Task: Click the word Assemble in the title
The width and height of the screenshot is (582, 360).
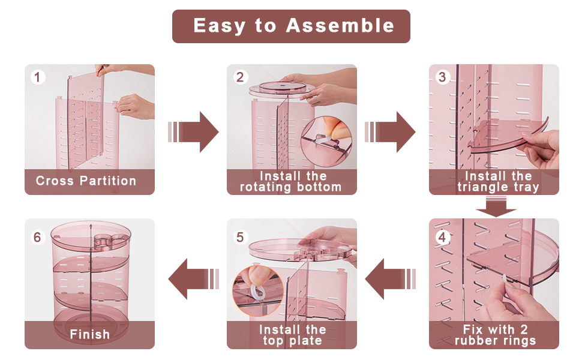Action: pyautogui.click(x=340, y=26)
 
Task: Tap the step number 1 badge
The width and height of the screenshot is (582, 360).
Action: pyautogui.click(x=37, y=77)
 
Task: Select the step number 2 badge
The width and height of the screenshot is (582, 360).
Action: pyautogui.click(x=240, y=77)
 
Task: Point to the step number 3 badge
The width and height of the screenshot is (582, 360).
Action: pyautogui.click(x=442, y=77)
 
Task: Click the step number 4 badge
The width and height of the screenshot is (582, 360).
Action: pyautogui.click(x=442, y=237)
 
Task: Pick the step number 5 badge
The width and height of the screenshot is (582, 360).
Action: pyautogui.click(x=240, y=237)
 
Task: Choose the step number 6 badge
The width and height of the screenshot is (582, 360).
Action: pyautogui.click(x=37, y=237)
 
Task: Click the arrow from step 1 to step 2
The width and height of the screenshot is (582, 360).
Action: pyautogui.click(x=193, y=132)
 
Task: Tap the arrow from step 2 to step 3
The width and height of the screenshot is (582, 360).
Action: pyautogui.click(x=390, y=132)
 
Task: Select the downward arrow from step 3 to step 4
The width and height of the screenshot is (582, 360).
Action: pyautogui.click(x=496, y=207)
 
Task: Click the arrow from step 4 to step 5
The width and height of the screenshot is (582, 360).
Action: pyautogui.click(x=391, y=279)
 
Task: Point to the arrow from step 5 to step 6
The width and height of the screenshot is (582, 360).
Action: pyautogui.click(x=194, y=279)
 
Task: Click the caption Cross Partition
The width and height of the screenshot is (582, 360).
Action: pyautogui.click(x=86, y=181)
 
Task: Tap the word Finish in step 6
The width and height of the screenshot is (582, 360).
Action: pyautogui.click(x=90, y=334)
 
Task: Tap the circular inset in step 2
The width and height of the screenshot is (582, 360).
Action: pyautogui.click(x=326, y=142)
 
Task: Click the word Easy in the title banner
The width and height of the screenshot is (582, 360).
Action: pyautogui.click(x=220, y=26)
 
